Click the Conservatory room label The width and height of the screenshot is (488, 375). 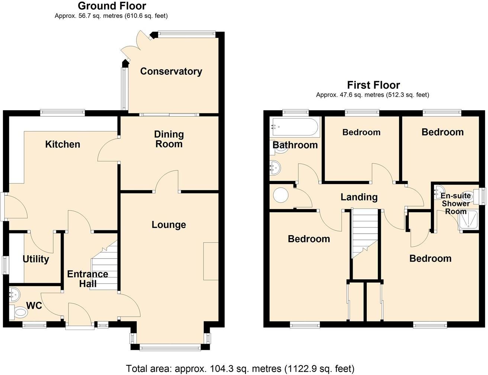pyautogui.click(x=171, y=71)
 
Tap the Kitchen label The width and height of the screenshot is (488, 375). pyautogui.click(x=62, y=144)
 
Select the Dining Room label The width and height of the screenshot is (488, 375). pyautogui.click(x=169, y=139)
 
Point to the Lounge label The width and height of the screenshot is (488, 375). pyautogui.click(x=168, y=225)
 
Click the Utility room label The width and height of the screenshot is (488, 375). pyautogui.click(x=36, y=259)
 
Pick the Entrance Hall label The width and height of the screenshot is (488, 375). pyautogui.click(x=87, y=279)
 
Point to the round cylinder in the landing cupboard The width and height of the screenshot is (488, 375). pyautogui.click(x=280, y=195)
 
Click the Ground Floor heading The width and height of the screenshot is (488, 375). pyautogui.click(x=112, y=6)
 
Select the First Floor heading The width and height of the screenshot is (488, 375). pyautogui.click(x=373, y=85)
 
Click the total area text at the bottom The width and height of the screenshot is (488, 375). pyautogui.click(x=240, y=368)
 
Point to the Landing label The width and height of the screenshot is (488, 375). pyautogui.click(x=359, y=197)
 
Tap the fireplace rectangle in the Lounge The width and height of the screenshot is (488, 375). pyautogui.click(x=211, y=261)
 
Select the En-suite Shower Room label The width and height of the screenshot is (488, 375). pyautogui.click(x=456, y=203)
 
